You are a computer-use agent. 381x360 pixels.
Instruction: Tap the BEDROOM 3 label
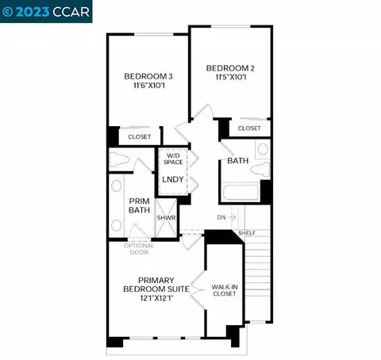point(148,77)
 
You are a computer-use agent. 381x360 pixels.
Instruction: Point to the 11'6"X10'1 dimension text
point(148,89)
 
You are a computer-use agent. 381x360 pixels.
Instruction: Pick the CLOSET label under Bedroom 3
point(140,137)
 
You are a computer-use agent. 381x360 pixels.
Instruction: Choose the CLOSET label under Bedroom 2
point(249,127)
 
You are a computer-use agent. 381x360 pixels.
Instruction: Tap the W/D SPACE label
point(173,159)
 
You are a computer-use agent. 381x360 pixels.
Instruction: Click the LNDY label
point(173,179)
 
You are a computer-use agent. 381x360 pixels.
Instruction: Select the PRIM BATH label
point(140,207)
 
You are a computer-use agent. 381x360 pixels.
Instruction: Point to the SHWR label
point(166,217)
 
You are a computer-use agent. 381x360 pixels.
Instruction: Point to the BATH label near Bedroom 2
point(237,160)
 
